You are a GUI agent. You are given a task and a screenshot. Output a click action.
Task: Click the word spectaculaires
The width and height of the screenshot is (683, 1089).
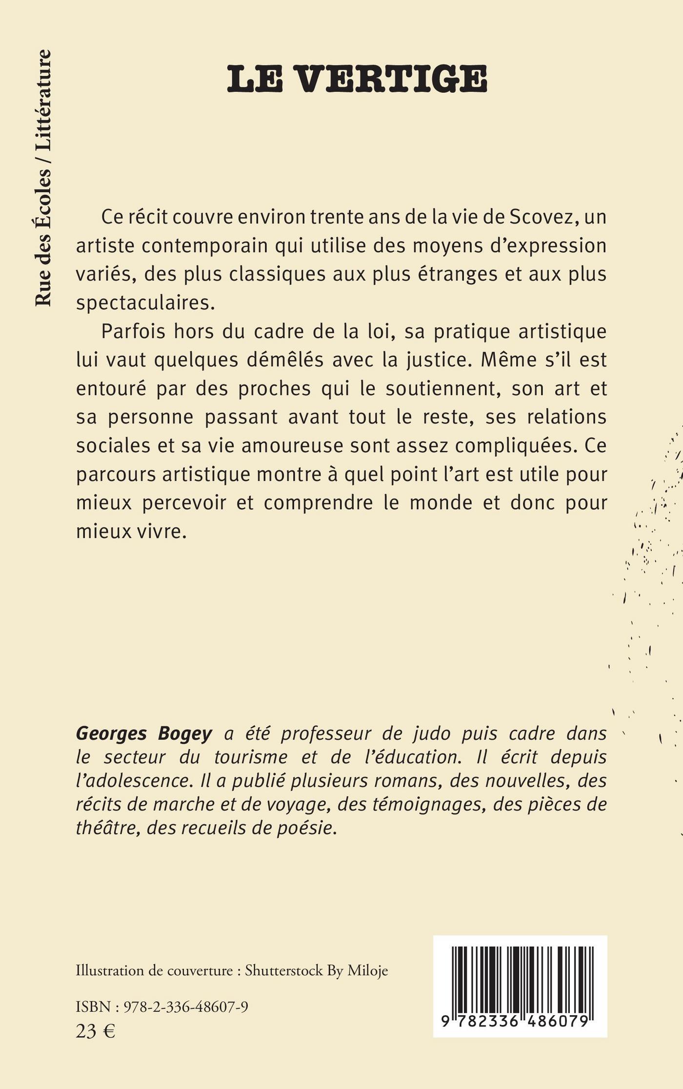(x=145, y=303)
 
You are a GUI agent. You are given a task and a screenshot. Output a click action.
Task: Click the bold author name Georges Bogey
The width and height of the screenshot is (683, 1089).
(x=144, y=734)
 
